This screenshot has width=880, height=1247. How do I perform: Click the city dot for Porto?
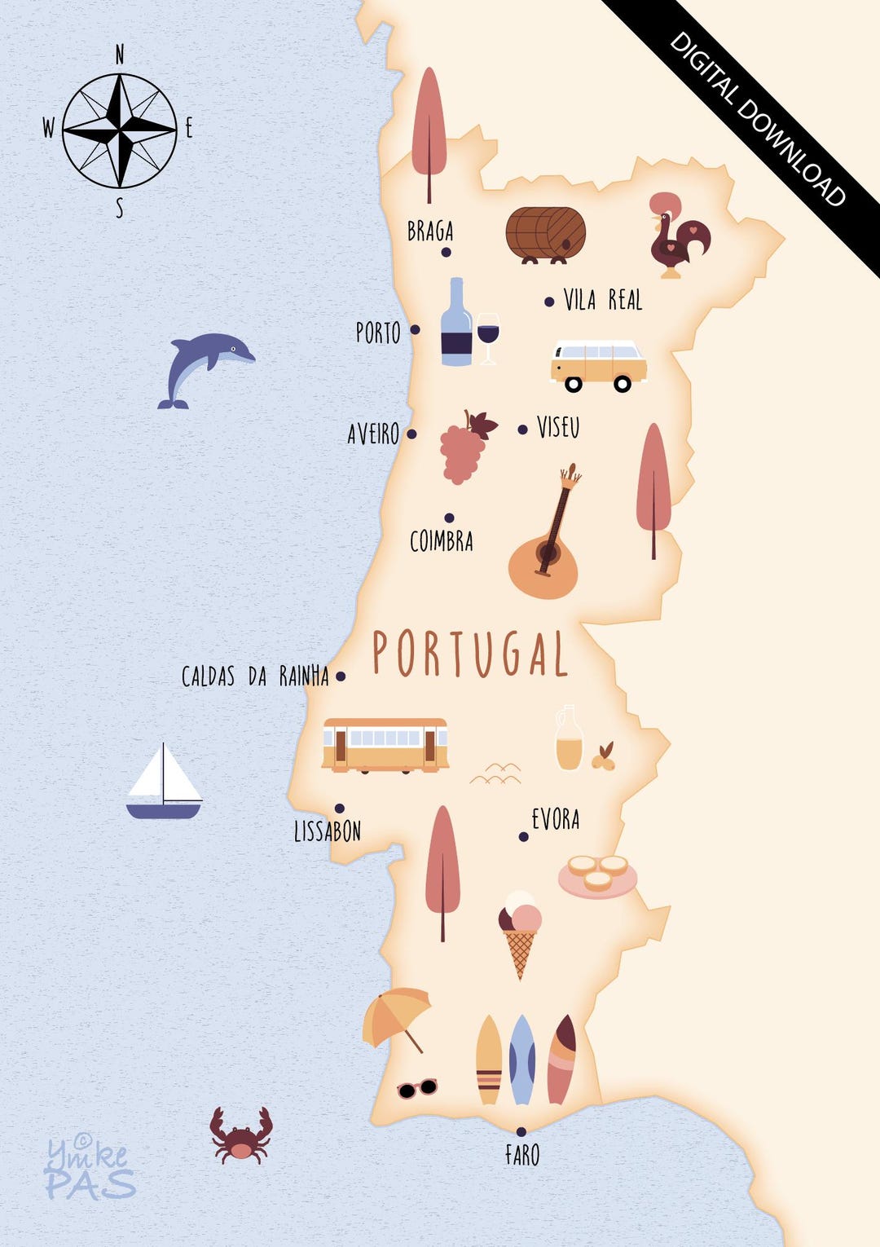pyautogui.click(x=415, y=329)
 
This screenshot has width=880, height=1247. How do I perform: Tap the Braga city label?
pyautogui.click(x=430, y=231)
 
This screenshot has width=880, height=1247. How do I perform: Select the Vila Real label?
pyautogui.click(x=603, y=300)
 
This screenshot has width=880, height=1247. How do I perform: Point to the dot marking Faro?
pyautogui.click(x=521, y=1131)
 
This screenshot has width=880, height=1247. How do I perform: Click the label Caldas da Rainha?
pyautogui.click(x=254, y=676)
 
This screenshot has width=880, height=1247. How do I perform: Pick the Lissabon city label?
pyautogui.click(x=327, y=831)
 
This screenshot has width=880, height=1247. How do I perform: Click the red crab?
pyautogui.click(x=240, y=1135)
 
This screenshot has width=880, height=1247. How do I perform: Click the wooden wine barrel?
pyautogui.click(x=546, y=234)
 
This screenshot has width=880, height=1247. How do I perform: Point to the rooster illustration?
pyautogui.click(x=678, y=236)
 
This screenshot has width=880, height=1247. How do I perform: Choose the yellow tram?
pyautogui.click(x=385, y=745)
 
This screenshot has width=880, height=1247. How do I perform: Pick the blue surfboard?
pyautogui.click(x=521, y=1060)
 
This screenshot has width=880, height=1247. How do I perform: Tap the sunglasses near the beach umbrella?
pyautogui.click(x=416, y=1088)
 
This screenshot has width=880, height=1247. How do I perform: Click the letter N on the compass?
pyautogui.click(x=120, y=55)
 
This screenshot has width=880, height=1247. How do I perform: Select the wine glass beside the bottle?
pyautogui.click(x=487, y=336)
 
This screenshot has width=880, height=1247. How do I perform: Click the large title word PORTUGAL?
pyautogui.click(x=469, y=654)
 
